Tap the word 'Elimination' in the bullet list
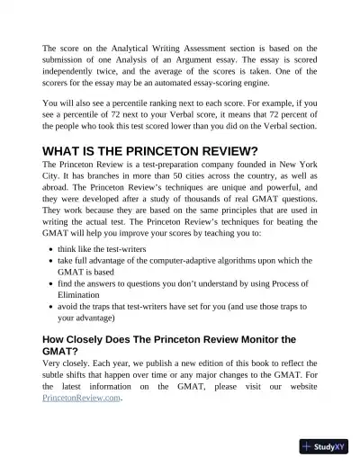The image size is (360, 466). click(x=84, y=293)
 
